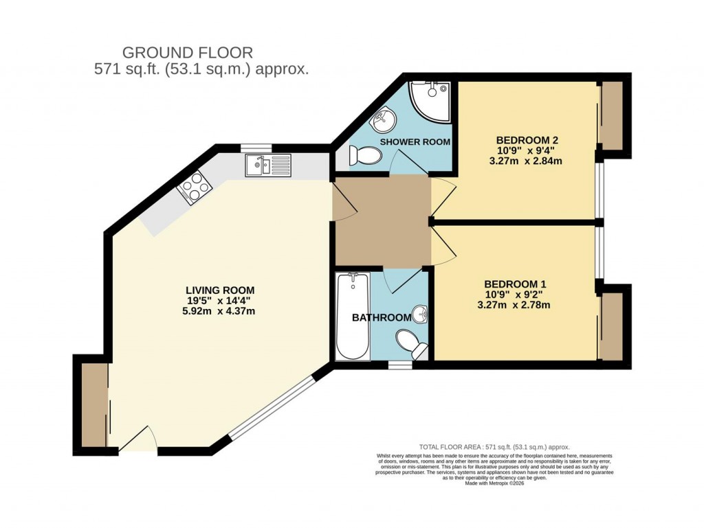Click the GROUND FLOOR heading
click(188, 52)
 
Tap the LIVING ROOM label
click(214, 289)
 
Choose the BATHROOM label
click(382, 318)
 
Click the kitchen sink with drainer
click(268, 165)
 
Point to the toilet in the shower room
click(364, 157)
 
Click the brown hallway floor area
click(382, 220)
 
